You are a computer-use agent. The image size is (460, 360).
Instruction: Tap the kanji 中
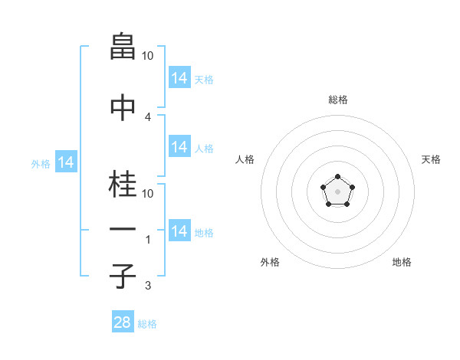click(x=123, y=107)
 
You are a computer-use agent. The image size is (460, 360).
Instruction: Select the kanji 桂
click(x=123, y=184)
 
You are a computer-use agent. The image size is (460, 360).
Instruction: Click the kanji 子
click(x=123, y=276)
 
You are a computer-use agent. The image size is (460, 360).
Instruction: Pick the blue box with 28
click(x=123, y=322)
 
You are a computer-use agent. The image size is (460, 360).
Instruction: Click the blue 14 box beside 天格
click(x=179, y=78)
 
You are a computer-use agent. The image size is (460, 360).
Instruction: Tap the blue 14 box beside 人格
click(x=179, y=147)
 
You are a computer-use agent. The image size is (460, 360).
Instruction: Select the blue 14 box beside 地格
click(x=179, y=231)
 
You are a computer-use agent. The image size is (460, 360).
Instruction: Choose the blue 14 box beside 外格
click(x=65, y=162)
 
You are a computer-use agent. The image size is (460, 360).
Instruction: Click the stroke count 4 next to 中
click(x=148, y=117)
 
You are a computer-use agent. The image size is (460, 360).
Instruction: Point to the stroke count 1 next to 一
click(x=148, y=240)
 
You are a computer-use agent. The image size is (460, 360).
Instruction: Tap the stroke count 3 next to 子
click(x=148, y=286)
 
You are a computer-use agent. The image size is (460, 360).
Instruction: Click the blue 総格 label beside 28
click(x=147, y=324)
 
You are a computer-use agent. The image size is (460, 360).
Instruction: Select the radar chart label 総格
click(x=337, y=100)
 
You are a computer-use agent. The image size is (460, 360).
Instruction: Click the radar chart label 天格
click(x=431, y=159)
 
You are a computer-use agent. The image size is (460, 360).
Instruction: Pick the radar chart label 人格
click(x=245, y=159)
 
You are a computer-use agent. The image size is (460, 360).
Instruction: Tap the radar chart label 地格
click(x=402, y=262)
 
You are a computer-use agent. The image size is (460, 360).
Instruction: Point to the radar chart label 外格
click(x=270, y=262)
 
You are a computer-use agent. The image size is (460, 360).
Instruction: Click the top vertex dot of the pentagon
click(x=337, y=178)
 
